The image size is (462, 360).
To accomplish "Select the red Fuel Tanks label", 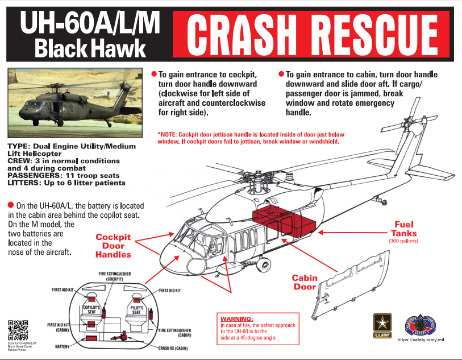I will (403, 229).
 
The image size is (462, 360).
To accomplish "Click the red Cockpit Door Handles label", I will (113, 245).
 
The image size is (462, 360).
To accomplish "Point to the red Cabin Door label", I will (305, 282).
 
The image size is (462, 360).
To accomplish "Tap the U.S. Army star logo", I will (382, 325).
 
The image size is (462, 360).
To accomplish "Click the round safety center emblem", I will (420, 325).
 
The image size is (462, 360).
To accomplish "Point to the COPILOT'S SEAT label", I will (91, 309).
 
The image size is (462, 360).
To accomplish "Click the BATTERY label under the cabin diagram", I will (63, 345).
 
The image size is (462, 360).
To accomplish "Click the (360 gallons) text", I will (403, 241).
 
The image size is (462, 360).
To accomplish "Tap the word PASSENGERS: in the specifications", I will (29, 176).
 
